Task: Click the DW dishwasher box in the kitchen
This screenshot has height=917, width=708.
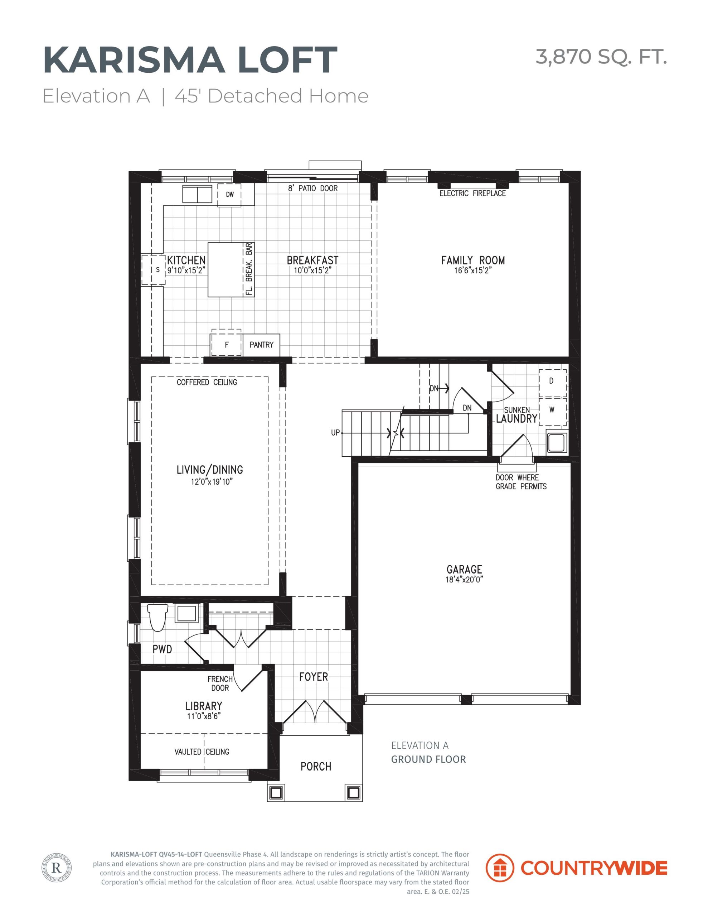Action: point(229,195)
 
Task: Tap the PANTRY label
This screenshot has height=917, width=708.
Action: point(261,345)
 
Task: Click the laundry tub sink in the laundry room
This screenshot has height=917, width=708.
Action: point(557,442)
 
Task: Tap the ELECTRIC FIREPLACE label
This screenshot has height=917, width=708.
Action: point(472,193)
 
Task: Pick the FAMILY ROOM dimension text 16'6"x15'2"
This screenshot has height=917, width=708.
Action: point(472,270)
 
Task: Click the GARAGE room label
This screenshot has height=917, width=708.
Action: point(464,569)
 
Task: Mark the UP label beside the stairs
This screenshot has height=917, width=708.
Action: point(335,432)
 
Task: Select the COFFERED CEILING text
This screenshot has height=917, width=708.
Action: point(207,382)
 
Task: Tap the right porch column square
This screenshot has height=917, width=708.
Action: point(353,793)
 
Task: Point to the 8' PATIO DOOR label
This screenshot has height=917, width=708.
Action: point(313,188)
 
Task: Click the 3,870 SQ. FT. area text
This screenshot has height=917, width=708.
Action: point(601,57)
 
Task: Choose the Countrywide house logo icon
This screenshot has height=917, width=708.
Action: point(500,868)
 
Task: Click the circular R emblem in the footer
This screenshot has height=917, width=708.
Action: point(57,868)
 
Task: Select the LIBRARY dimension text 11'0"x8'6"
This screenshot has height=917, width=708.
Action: point(204,716)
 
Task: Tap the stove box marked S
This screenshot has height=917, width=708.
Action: point(153,270)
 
